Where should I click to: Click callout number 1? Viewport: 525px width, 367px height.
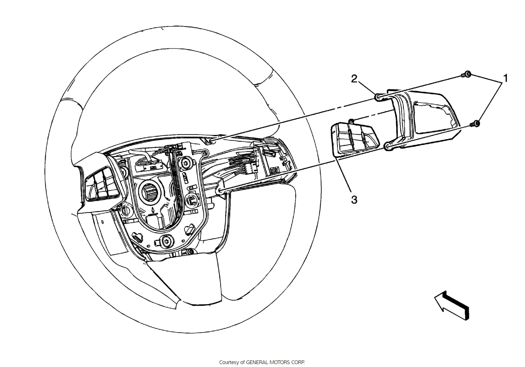click(505, 78)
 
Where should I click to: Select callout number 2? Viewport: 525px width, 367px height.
click(354, 79)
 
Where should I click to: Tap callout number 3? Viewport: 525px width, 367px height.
click(354, 200)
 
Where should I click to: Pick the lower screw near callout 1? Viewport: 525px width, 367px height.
click(476, 123)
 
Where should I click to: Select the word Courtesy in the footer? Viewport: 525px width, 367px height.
click(229, 362)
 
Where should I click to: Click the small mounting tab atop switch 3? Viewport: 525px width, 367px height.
click(351, 121)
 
